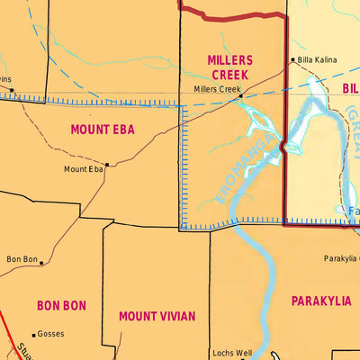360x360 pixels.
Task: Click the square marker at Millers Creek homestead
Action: pyautogui.click(x=241, y=95)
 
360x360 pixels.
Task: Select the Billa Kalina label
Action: pyautogui.click(x=318, y=60)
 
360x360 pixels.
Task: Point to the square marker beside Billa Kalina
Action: pyautogui.click(x=292, y=61)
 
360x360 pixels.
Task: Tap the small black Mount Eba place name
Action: pyautogui.click(x=83, y=169)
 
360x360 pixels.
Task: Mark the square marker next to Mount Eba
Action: pyautogui.click(x=106, y=165)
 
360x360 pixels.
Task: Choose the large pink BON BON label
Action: pyautogui.click(x=61, y=306)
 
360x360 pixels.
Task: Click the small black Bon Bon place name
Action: pyautogui.click(x=22, y=259)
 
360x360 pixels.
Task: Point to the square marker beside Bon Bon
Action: pyautogui.click(x=41, y=264)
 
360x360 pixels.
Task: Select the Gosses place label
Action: pyautogui.click(x=50, y=334)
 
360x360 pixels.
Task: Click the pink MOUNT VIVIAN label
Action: pyautogui.click(x=157, y=316)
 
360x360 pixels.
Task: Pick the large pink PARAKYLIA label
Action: pyautogui.click(x=320, y=301)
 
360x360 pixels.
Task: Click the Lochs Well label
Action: pyautogui.click(x=231, y=353)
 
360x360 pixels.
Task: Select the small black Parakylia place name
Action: pyautogui.click(x=341, y=258)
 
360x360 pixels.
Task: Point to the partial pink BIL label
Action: pyautogui.click(x=350, y=88)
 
